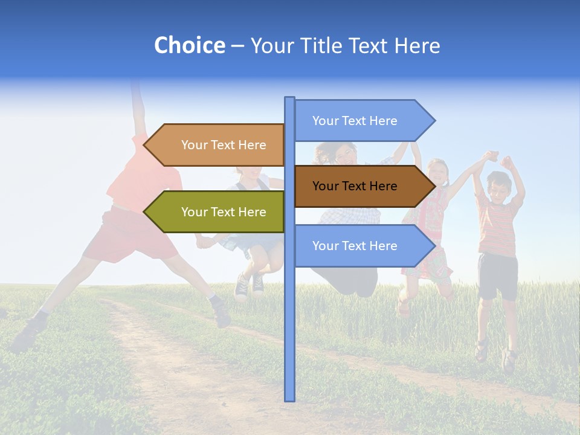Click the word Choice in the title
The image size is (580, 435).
click(189, 45)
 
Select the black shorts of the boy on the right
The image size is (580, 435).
click(497, 275)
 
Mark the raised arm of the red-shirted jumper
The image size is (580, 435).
click(138, 109)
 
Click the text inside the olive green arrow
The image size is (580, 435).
click(224, 212)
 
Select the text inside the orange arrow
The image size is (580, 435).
click(224, 145)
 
